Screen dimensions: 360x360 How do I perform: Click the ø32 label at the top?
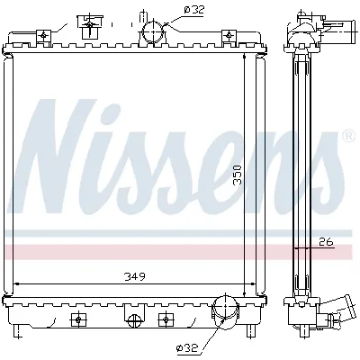193,10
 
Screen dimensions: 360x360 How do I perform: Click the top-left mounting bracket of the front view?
42,36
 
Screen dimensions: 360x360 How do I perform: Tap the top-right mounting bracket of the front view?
227,36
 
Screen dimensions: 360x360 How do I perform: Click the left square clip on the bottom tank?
79,319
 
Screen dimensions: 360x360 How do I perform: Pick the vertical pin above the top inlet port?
142,13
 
